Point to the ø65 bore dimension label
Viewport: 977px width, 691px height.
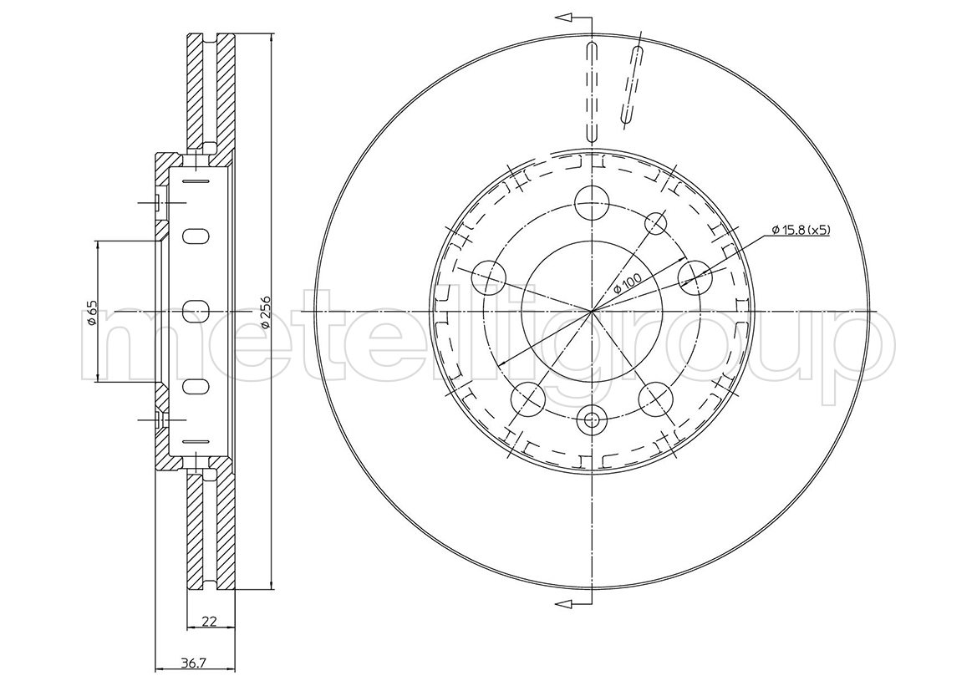pyautogui.click(x=91, y=312)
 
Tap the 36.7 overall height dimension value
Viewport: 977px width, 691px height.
pyautogui.click(x=195, y=663)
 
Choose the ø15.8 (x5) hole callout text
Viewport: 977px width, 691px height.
pyautogui.click(x=801, y=230)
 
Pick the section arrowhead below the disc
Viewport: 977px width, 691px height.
pyautogui.click(x=564, y=602)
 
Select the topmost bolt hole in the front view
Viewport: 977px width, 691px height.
pyautogui.click(x=591, y=202)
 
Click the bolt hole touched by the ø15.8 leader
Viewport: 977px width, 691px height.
pyautogui.click(x=695, y=277)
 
